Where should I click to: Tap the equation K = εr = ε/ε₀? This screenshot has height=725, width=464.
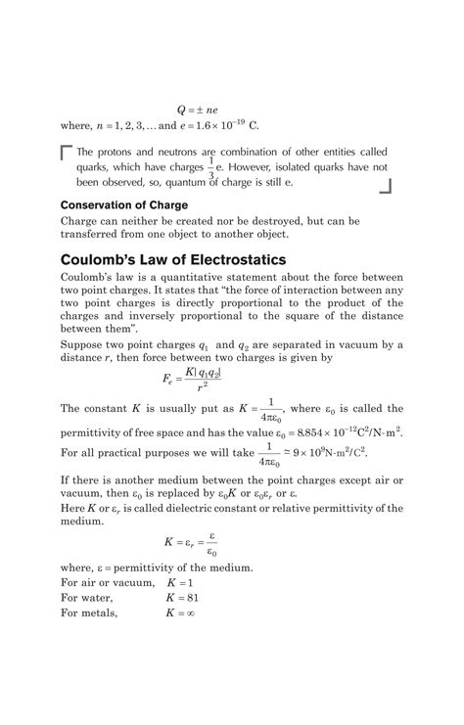coord(191,544)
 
